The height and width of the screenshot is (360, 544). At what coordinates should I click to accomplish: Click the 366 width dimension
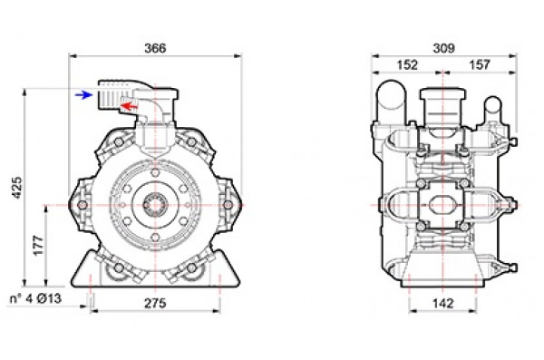point(155,47)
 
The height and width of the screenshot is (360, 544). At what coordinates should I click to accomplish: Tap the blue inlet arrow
point(83,93)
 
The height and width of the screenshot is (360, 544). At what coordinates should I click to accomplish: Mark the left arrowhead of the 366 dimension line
point(73,56)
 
